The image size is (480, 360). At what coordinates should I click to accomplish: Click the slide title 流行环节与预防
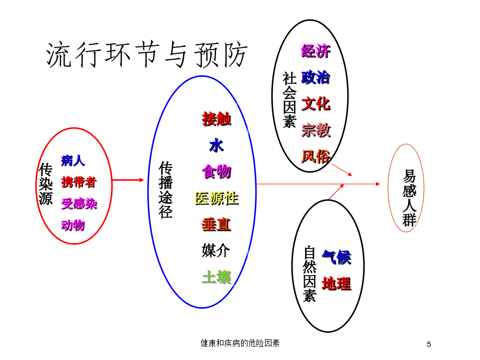point(147,55)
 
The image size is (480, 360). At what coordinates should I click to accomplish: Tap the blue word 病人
point(73,161)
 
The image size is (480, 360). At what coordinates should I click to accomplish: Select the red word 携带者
point(79,182)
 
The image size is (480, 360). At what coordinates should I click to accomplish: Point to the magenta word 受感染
point(79,204)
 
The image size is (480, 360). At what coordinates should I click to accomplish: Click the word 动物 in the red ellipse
point(73,225)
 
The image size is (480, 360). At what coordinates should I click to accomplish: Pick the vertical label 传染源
point(46,184)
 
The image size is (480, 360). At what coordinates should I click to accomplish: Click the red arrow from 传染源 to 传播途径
point(127,180)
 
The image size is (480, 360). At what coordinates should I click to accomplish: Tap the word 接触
point(217,119)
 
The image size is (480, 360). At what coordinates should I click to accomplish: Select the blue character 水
point(217,146)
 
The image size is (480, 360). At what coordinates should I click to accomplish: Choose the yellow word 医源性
point(217,198)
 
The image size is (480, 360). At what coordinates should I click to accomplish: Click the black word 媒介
point(216,251)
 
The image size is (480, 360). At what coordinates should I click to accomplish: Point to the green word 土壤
point(217,277)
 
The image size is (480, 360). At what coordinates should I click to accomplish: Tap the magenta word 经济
point(316,51)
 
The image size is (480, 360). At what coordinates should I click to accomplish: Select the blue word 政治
point(316,77)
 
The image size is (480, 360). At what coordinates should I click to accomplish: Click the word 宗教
point(316,130)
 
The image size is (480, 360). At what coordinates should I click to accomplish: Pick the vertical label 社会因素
point(289,100)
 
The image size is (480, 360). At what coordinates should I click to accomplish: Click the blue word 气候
point(337,257)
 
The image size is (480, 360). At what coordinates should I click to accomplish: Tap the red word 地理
point(337,284)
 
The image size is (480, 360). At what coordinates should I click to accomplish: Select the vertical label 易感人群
point(410,198)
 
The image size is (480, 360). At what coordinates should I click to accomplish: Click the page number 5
point(429,345)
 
